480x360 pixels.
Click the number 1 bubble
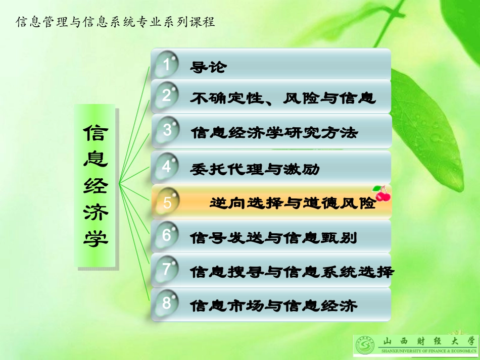167,64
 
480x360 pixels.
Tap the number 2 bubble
167,96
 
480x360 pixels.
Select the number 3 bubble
167,130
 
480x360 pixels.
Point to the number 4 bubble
167,166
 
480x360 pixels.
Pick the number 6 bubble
167,236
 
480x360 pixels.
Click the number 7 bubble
167,270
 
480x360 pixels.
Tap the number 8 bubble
167,303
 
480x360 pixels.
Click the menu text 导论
208,67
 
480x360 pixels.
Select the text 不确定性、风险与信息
283,97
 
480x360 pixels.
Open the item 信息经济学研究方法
274,133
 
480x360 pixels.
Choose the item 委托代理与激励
255,168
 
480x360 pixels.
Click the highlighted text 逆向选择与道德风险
293,203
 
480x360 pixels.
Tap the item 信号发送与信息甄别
273,237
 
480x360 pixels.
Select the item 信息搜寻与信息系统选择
292,272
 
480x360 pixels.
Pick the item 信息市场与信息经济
274,305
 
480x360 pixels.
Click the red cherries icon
382,192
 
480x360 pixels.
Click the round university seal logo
366,346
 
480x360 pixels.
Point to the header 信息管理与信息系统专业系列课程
116,22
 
